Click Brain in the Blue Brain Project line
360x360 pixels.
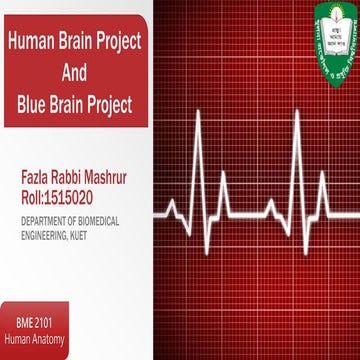coord(75,103)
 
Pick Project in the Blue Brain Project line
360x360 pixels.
coord(118,103)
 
